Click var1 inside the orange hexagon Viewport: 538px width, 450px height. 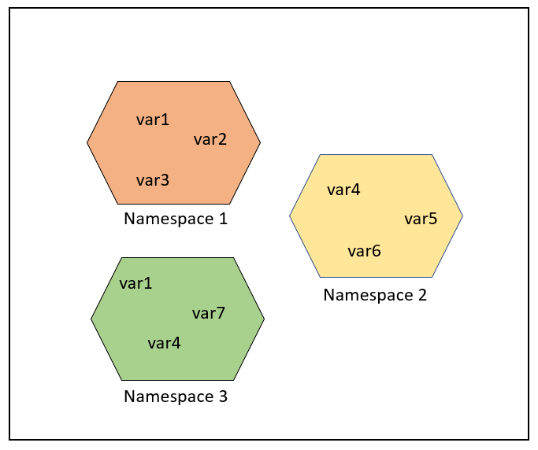click(x=153, y=120)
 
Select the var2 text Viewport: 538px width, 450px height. click(x=210, y=140)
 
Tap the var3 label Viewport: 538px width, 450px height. click(x=153, y=181)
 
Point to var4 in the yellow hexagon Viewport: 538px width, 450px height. click(x=343, y=190)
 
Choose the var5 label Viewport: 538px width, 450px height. click(x=421, y=219)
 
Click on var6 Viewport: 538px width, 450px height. click(x=364, y=251)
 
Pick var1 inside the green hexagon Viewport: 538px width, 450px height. click(x=135, y=283)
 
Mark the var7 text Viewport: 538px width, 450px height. click(x=209, y=313)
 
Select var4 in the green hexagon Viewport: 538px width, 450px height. click(x=164, y=343)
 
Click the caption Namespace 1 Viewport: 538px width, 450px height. click(x=176, y=219)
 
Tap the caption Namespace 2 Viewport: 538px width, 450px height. click(x=375, y=295)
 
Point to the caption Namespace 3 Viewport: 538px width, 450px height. click(x=176, y=397)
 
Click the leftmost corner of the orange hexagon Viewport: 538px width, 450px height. click(x=87, y=142)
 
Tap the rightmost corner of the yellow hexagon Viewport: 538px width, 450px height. click(x=462, y=216)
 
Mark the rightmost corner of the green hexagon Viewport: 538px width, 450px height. click(x=264, y=319)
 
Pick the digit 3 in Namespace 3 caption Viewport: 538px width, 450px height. click(x=223, y=397)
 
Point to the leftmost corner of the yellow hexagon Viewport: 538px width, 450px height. click(x=290, y=216)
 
